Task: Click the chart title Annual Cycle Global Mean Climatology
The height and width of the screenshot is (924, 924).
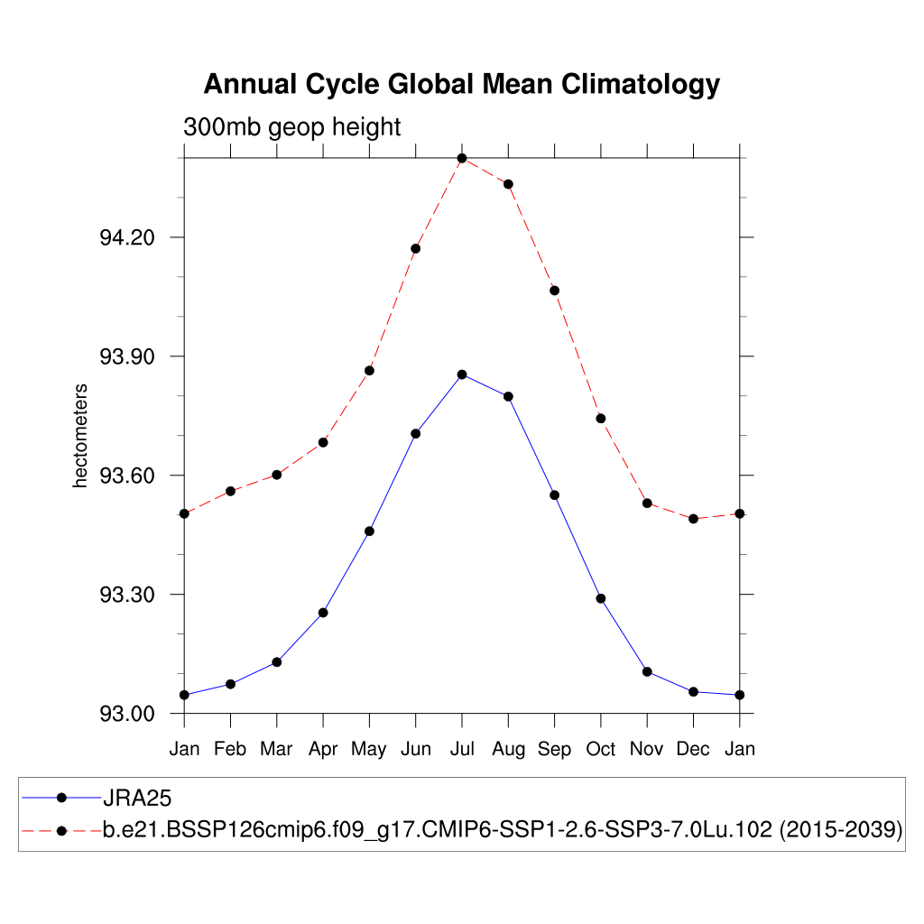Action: pos(461,84)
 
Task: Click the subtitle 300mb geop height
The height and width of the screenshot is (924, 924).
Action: pos(291,127)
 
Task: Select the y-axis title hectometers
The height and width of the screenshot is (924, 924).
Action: pos(80,436)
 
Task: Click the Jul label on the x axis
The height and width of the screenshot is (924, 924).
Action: pos(462,749)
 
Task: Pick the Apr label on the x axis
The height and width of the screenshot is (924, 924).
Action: pos(323,750)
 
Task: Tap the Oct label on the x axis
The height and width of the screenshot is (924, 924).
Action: pos(601,749)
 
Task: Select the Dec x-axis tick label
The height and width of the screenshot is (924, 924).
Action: pos(693,749)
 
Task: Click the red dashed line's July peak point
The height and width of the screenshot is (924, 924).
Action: pos(462,159)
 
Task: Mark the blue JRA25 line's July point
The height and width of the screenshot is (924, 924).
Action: pos(462,374)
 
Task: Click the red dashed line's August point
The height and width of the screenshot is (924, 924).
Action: pos(509,184)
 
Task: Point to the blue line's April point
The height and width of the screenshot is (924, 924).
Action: pos(323,613)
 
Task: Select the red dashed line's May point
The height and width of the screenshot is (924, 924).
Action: pos(369,371)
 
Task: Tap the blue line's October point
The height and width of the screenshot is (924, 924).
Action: pos(601,598)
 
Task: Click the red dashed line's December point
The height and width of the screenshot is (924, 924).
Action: pos(693,519)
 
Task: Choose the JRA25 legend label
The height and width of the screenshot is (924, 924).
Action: pos(137,798)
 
